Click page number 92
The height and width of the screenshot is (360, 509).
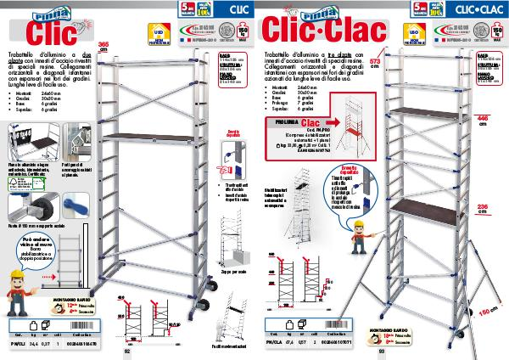click(x=126, y=351)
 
